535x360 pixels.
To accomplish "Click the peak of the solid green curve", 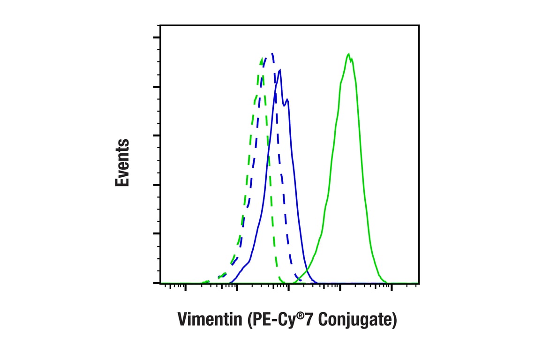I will click(348, 54).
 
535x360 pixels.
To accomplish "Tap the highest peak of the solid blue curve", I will click(280, 70).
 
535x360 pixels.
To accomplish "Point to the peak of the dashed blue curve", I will click(272, 53).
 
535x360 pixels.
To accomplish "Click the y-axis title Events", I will click(122, 163).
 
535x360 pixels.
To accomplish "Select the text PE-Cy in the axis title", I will click(273, 320).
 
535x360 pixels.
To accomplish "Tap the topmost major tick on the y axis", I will click(157, 38).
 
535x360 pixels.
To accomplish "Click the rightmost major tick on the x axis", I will click(391, 287).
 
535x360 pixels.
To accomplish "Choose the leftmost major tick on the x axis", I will click(186, 287).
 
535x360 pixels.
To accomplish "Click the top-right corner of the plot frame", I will click(419, 25).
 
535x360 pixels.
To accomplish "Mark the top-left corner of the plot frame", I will click(160, 25).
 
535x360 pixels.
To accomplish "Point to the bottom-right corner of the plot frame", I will click(419, 284).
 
